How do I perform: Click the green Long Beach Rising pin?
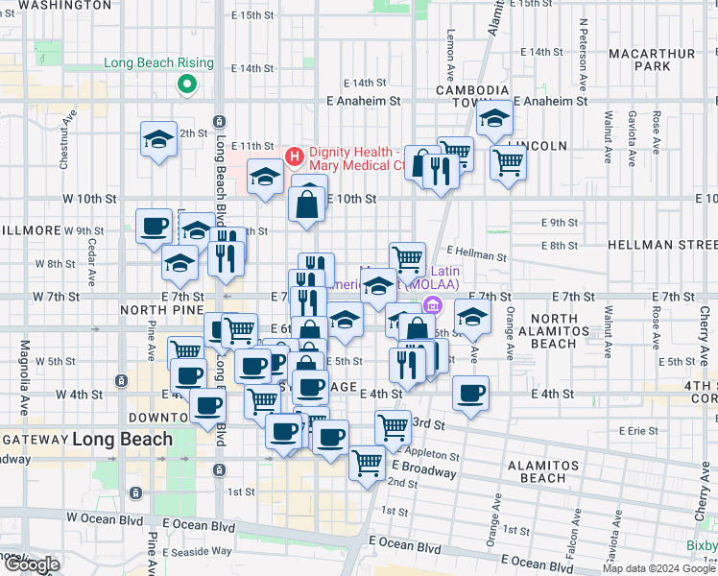(186, 84)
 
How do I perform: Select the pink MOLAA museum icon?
(433, 305)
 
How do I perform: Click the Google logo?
(31, 564)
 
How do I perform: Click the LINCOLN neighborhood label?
(540, 145)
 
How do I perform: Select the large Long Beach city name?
(122, 439)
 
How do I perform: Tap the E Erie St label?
(644, 431)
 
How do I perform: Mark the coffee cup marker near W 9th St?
(154, 228)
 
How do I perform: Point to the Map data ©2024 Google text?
(658, 568)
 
